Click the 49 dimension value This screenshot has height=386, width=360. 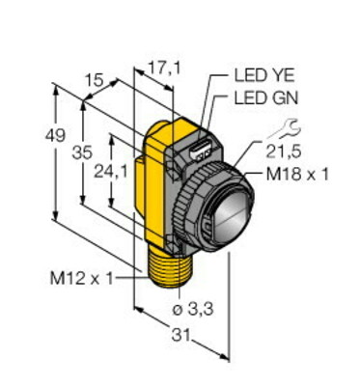(x=56, y=135)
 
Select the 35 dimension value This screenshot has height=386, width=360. (x=83, y=152)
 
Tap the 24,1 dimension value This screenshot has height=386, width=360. (x=111, y=173)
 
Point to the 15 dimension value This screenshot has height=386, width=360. (x=96, y=80)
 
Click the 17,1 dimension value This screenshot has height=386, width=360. (x=164, y=69)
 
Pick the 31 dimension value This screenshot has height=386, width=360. (x=180, y=335)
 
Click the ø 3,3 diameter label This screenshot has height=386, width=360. (x=193, y=310)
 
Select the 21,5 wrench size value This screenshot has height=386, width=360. (x=284, y=151)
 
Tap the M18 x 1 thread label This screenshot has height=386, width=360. (x=298, y=175)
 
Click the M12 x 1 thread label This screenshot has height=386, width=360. (x=82, y=278)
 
